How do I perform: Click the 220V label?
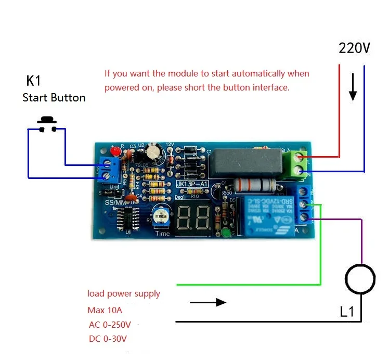pos(354,48)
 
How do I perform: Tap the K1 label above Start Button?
pos(33,81)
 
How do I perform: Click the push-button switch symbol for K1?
pos(47,123)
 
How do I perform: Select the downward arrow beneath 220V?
pos(353,87)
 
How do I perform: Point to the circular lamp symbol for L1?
pos(360,280)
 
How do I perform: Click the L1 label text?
pos(347,312)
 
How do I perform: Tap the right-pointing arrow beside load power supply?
pos(208,302)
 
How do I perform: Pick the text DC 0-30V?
pos(108,339)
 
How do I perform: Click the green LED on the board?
pos(225,233)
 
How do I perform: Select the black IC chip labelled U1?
pos(126,218)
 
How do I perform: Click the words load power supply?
pos(124,294)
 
